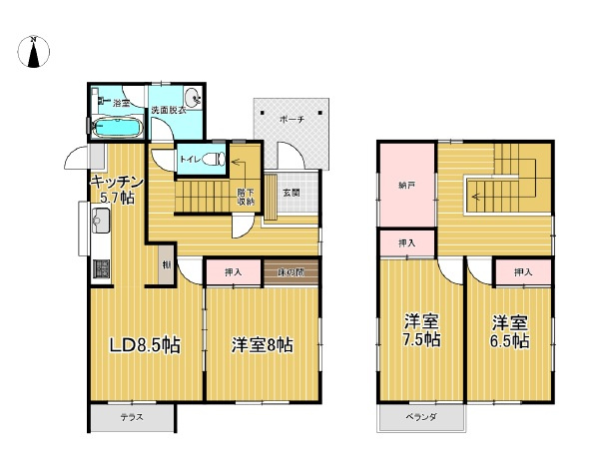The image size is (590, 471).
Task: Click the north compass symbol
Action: click(x=35, y=52)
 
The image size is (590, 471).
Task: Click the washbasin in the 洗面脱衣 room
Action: click(x=193, y=98)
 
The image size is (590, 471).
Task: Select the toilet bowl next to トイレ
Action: click(x=213, y=158)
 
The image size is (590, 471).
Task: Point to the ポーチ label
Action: click(x=292, y=118)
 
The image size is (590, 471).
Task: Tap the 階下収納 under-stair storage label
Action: click(x=246, y=197)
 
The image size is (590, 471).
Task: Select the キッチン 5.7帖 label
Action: click(x=117, y=189)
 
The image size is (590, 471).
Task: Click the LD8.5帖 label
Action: click(x=144, y=346)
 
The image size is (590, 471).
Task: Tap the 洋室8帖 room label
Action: click(x=262, y=346)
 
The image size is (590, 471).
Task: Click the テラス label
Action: click(x=132, y=418)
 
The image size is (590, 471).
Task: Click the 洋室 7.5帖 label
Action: click(x=421, y=330)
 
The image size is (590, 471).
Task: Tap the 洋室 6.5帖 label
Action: click(x=509, y=330)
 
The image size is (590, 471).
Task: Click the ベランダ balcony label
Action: click(x=420, y=416)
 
